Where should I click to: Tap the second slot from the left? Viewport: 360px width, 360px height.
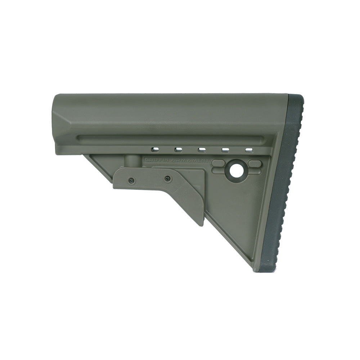coord(178,150)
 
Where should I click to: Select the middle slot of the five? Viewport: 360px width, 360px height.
coord(202,150)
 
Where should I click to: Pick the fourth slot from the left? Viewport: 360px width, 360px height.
coord(225,150)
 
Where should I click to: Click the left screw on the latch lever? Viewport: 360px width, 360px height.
coord(131,180)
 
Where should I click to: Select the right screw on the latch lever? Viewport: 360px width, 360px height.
coord(168,178)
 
